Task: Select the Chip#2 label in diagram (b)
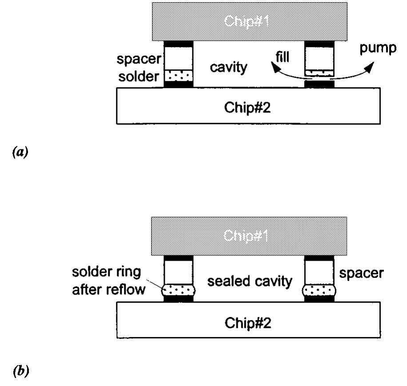click(248, 322)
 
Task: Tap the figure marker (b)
click(21, 370)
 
